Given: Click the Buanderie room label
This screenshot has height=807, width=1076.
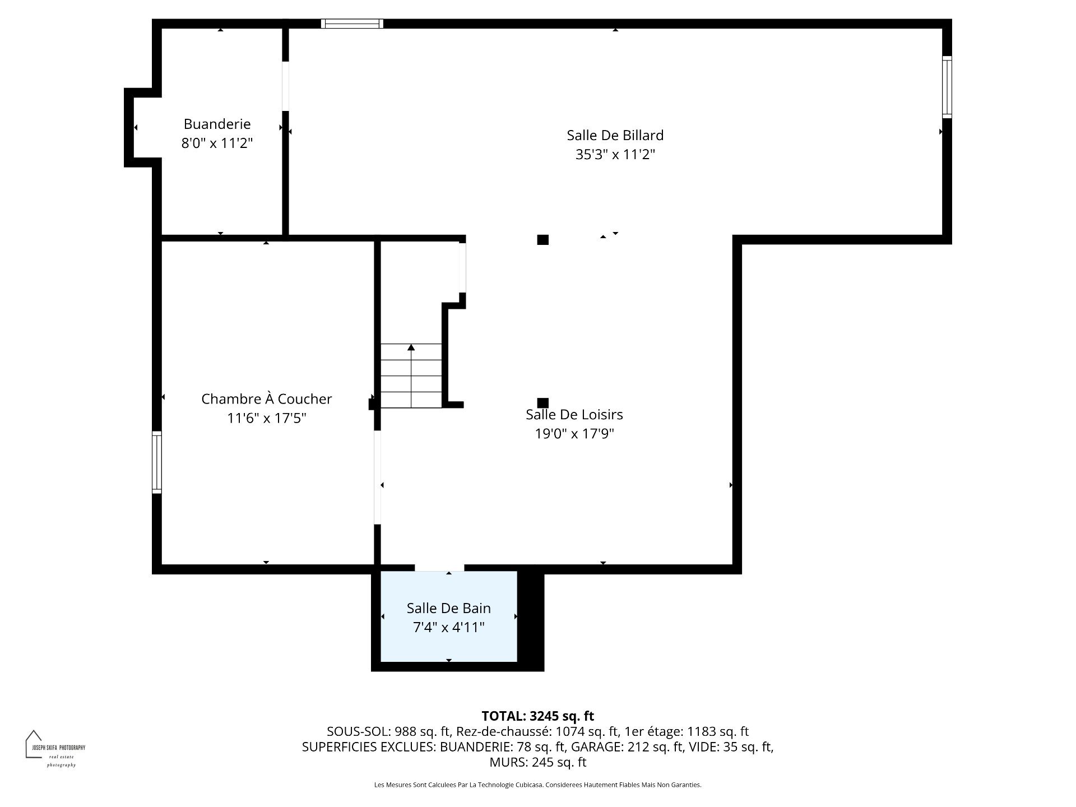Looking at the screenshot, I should (x=217, y=124).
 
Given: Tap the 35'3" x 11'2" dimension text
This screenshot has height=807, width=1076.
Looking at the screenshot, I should (x=615, y=154).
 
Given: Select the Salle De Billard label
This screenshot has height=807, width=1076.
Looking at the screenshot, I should (x=615, y=135).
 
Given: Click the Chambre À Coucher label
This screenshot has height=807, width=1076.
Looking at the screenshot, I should (x=266, y=399).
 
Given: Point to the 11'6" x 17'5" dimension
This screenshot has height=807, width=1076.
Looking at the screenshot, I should (x=266, y=418).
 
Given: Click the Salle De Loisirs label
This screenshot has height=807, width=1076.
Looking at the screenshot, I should (x=574, y=415).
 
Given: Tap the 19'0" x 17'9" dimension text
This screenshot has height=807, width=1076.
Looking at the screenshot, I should (x=574, y=433).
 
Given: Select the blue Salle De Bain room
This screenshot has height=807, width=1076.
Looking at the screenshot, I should (x=448, y=644).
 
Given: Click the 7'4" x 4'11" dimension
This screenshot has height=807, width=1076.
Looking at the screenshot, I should (x=448, y=627).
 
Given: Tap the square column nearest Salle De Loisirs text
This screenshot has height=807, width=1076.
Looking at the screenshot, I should (x=542, y=403).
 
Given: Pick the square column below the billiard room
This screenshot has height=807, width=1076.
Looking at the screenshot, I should (x=542, y=240).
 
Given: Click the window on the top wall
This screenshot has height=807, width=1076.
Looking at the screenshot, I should (x=352, y=24).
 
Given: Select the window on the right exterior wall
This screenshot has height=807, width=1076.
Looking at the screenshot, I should (x=947, y=87).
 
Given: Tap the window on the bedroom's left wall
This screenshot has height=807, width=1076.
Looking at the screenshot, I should (x=157, y=462).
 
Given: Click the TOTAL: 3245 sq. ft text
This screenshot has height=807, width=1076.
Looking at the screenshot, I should (x=537, y=716).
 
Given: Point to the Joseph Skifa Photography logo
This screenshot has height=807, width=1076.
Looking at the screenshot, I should (x=54, y=748).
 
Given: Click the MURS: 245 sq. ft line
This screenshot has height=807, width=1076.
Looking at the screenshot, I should (x=537, y=762).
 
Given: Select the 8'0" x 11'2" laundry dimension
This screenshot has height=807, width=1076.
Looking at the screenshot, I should (x=217, y=143).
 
